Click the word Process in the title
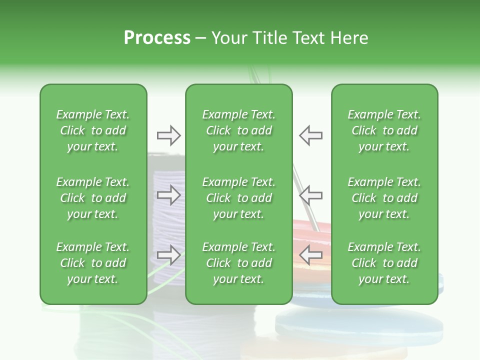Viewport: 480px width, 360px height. point(157,38)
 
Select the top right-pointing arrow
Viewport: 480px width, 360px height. point(168,135)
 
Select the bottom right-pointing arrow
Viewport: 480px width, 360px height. point(168,255)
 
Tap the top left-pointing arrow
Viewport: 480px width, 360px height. point(311,135)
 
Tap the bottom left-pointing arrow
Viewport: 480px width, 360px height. point(311,255)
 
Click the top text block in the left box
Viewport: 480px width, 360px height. point(93,130)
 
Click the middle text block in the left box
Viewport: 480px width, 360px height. point(93,198)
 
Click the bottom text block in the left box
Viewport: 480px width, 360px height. point(93,263)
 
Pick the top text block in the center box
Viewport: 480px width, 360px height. point(238,130)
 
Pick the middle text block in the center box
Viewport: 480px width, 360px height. point(238,198)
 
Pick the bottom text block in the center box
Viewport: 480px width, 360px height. point(238,263)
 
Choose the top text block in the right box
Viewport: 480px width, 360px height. point(384,130)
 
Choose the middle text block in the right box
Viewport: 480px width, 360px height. point(384,198)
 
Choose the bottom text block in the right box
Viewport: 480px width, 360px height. point(384,263)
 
